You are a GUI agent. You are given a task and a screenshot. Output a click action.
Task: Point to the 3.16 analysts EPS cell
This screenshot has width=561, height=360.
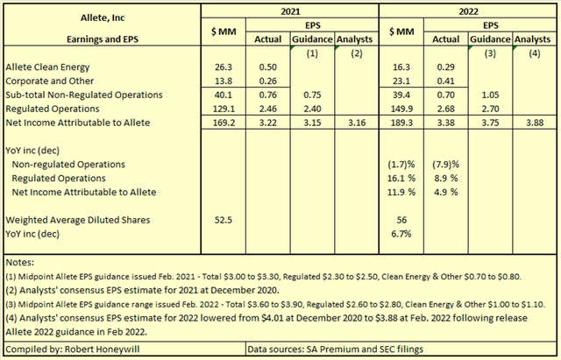(354, 124)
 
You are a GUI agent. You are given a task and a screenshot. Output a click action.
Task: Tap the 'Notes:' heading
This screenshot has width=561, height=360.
(19, 262)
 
